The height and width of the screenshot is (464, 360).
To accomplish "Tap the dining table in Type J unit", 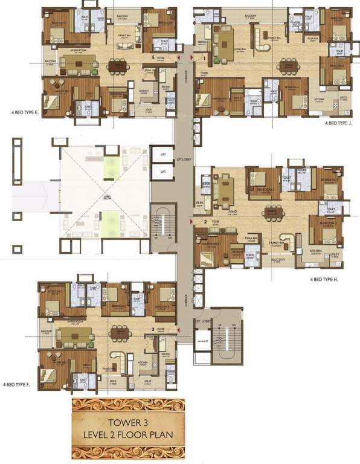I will pos(288,66).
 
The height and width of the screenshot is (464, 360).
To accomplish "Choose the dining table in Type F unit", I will pos(118,333).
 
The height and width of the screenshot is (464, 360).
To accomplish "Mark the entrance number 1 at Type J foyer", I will pos(205,58).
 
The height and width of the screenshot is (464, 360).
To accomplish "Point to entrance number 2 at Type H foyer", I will pos(206,222).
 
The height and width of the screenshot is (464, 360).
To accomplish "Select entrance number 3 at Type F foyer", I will pos(154,329).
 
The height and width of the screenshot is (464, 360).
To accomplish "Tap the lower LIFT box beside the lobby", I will pos(162,172).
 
